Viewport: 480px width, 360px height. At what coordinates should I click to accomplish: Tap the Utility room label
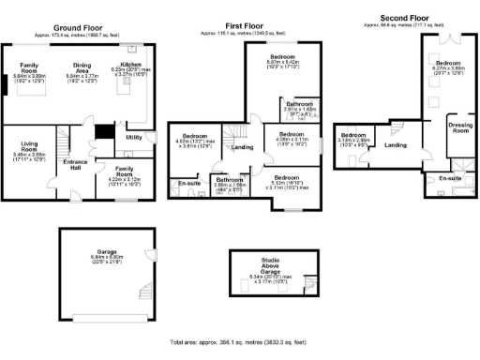(x=133, y=137)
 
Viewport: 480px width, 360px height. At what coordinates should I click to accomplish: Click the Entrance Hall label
(x=74, y=166)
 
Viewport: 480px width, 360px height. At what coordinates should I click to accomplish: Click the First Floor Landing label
(x=242, y=148)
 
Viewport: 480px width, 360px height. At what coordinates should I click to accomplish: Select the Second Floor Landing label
(x=396, y=144)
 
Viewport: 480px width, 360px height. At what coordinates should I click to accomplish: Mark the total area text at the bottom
(x=239, y=343)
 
